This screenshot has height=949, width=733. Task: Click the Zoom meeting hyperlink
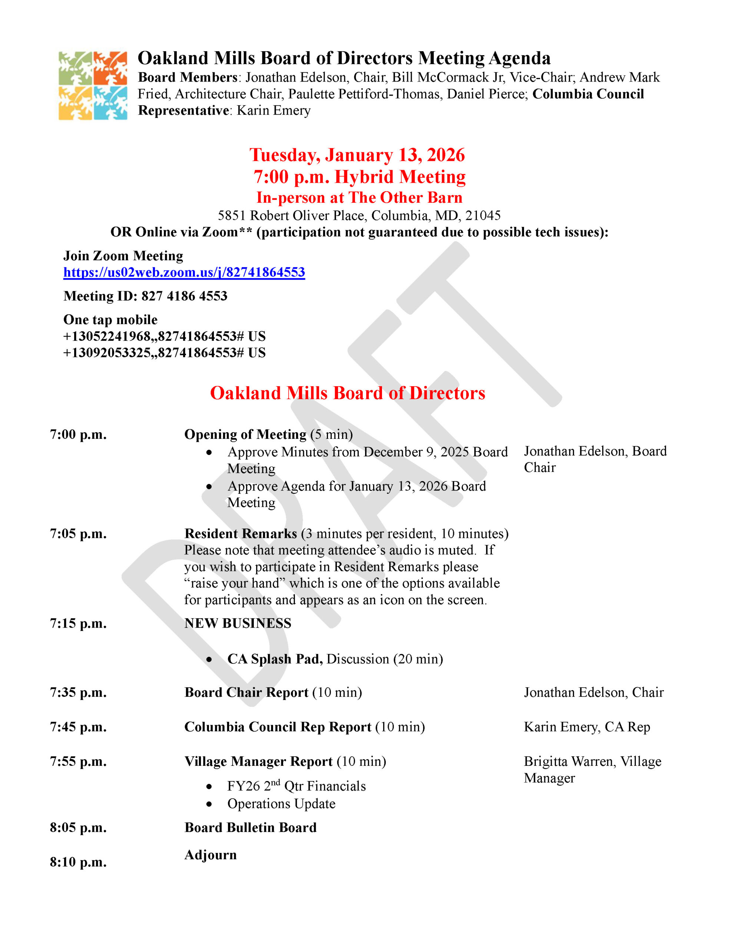coord(184,272)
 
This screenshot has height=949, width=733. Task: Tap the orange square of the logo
coord(110,68)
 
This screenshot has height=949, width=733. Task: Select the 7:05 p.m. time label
coord(78,533)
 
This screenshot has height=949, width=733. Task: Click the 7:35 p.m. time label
coord(78,692)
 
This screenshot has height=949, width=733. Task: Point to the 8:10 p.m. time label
coord(78,862)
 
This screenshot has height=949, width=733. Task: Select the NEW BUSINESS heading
coord(238,623)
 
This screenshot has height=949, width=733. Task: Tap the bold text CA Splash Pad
coord(275,659)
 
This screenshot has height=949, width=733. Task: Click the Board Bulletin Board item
coord(250,827)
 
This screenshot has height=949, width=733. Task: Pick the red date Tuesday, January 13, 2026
coord(357,155)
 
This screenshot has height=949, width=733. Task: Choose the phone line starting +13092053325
coord(164,353)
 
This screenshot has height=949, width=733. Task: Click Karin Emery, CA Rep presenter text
coord(587,727)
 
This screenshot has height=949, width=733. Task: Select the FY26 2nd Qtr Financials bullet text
coord(296,786)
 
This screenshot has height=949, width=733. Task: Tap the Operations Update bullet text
coord(281,804)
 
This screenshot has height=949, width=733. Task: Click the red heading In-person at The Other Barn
coord(359,198)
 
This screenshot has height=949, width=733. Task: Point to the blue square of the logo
coord(110,103)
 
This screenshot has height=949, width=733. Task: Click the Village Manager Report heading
coord(259,761)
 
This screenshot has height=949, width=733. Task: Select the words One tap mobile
coord(110,320)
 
